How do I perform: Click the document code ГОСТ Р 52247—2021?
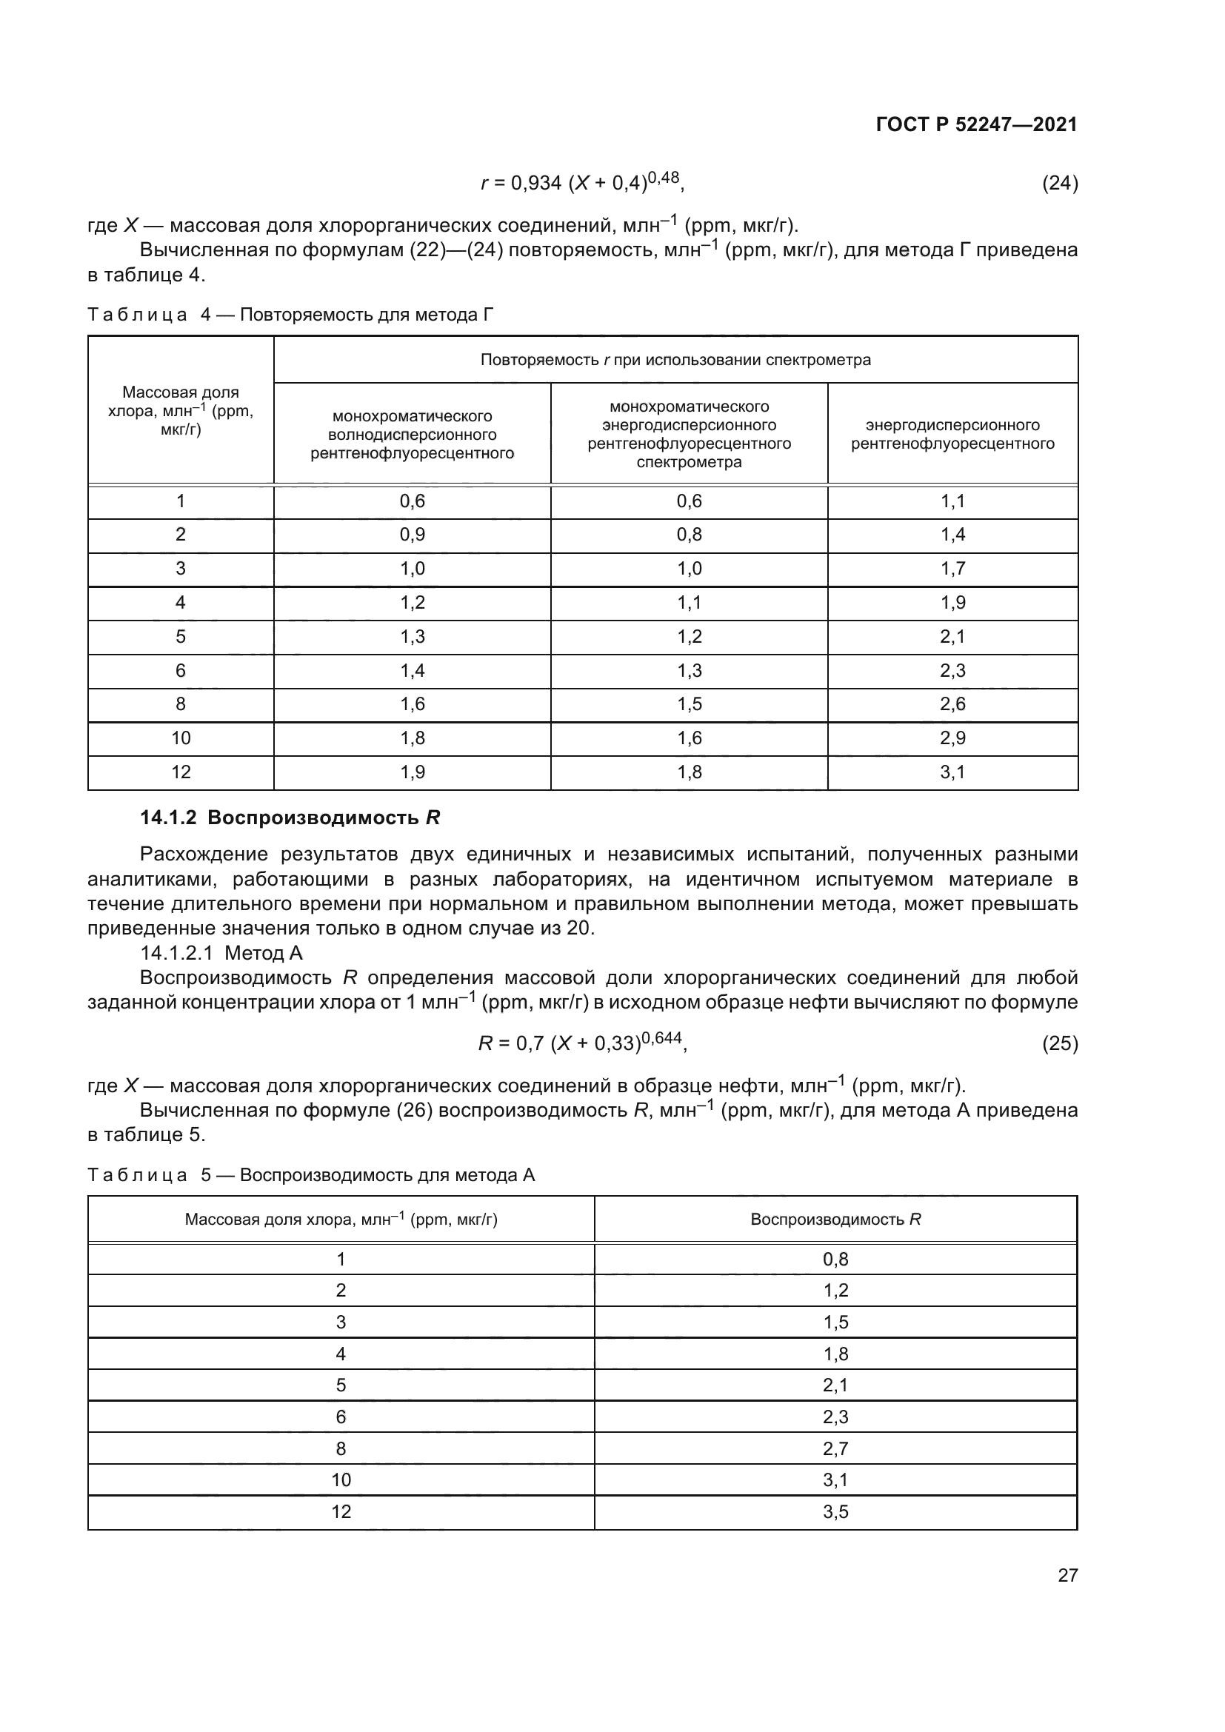tap(976, 124)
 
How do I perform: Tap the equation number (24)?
tap(1059, 183)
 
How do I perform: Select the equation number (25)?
tap(1059, 1043)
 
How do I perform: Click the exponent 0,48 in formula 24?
tap(664, 177)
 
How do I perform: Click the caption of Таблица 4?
tap(290, 315)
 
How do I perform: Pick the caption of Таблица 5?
tap(311, 1174)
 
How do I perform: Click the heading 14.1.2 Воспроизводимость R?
tap(290, 817)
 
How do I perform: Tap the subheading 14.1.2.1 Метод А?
tap(221, 953)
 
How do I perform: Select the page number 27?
tap(1067, 1575)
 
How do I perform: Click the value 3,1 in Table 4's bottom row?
tap(952, 772)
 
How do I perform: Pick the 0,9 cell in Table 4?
tap(412, 535)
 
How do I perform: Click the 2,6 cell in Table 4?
tap(952, 703)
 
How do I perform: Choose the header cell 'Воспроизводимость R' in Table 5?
tap(835, 1219)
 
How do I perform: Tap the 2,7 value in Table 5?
tap(835, 1448)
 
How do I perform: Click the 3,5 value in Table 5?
tap(835, 1511)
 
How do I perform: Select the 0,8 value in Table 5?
tap(835, 1259)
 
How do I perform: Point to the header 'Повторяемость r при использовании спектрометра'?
tap(675, 360)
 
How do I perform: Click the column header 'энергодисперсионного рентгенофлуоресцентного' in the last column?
tap(952, 435)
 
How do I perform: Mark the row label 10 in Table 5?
tap(341, 1480)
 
